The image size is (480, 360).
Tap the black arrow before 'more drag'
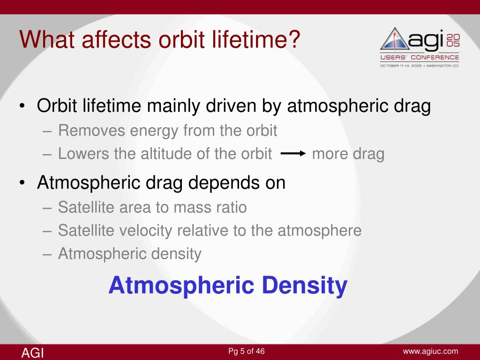293,153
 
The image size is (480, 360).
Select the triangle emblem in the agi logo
395,39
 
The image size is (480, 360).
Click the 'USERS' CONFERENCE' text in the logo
420,57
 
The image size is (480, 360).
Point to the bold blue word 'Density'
305,286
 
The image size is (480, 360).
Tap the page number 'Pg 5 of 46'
247,351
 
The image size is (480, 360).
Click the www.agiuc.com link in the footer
430,352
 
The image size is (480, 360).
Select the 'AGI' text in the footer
32,352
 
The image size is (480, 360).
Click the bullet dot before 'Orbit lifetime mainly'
22,106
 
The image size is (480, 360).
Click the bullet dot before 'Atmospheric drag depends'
22,183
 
